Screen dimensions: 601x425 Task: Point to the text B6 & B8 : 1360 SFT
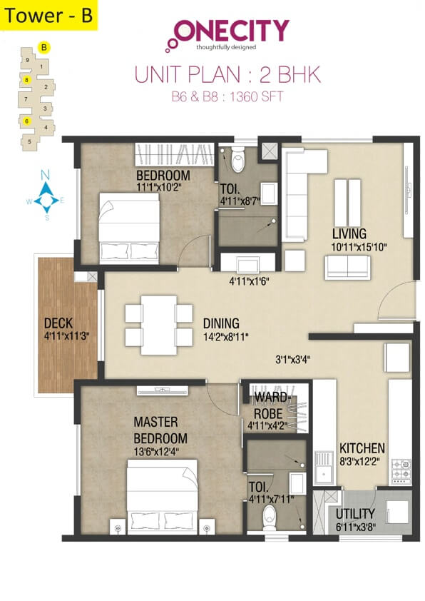227,96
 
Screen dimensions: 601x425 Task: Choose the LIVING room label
349,233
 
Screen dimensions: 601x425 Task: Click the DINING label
220,323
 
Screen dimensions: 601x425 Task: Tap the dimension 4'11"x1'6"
250,281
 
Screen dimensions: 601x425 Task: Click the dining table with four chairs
158,324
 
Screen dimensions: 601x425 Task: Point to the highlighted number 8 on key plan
26,80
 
